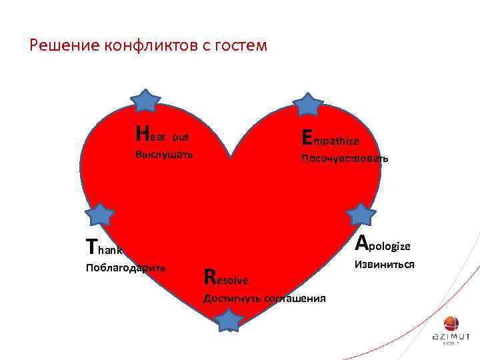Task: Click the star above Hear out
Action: point(145,101)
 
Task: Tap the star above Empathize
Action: point(308,105)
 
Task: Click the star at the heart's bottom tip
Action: point(229,320)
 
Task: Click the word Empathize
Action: point(331,139)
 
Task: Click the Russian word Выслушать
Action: point(164,155)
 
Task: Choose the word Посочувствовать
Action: point(345,159)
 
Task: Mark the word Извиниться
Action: point(385,265)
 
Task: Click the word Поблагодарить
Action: point(126,268)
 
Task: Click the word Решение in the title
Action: point(65,45)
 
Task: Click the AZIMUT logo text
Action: point(451,337)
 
